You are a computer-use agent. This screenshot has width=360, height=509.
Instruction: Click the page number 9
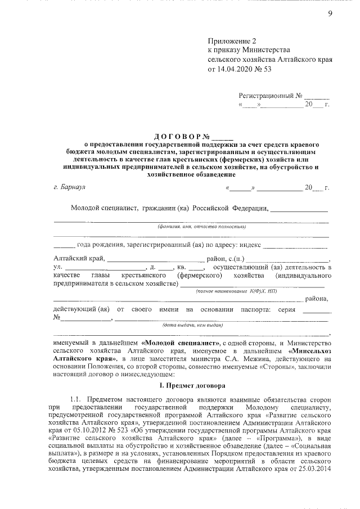(330, 14)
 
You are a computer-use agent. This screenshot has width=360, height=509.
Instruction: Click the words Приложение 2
(231, 41)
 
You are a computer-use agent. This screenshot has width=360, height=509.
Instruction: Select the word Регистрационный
(267, 96)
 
